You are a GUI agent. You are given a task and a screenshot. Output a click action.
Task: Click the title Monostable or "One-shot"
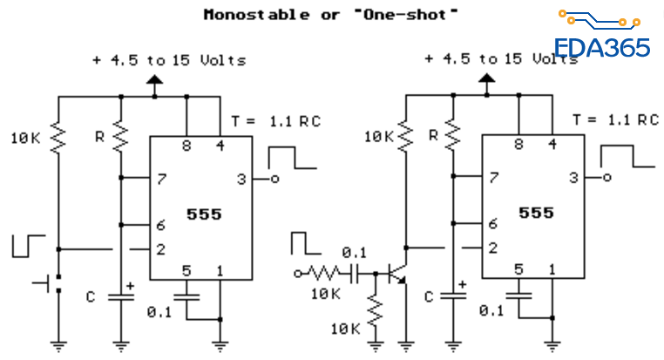pos(330,15)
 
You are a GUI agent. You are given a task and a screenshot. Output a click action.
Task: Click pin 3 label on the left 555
pos(241,180)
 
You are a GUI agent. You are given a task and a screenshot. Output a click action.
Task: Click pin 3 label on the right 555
pos(573,180)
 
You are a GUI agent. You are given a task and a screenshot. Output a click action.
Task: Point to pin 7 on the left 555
pos(160,180)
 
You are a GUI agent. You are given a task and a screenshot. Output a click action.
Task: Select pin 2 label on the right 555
pos(492,248)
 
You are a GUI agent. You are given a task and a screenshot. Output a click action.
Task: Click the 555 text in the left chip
pos(203,214)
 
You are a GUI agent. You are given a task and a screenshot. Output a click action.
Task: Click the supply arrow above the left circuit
pos(155,84)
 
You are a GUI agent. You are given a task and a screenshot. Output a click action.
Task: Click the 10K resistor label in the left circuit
pos(24,138)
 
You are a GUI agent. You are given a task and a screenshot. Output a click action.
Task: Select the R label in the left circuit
pos(100,136)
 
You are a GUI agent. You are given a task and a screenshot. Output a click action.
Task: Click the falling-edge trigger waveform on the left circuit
pos(28,245)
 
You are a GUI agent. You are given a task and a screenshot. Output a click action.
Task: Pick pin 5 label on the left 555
pos(186,271)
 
